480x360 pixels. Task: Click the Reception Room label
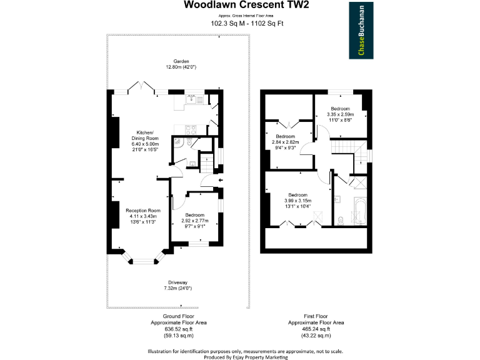[142, 211]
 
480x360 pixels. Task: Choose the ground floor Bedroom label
[195, 215]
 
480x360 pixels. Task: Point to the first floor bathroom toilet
[341, 220]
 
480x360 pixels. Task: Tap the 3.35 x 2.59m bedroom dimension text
[341, 115]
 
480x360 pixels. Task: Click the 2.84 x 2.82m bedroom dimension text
[286, 142]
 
